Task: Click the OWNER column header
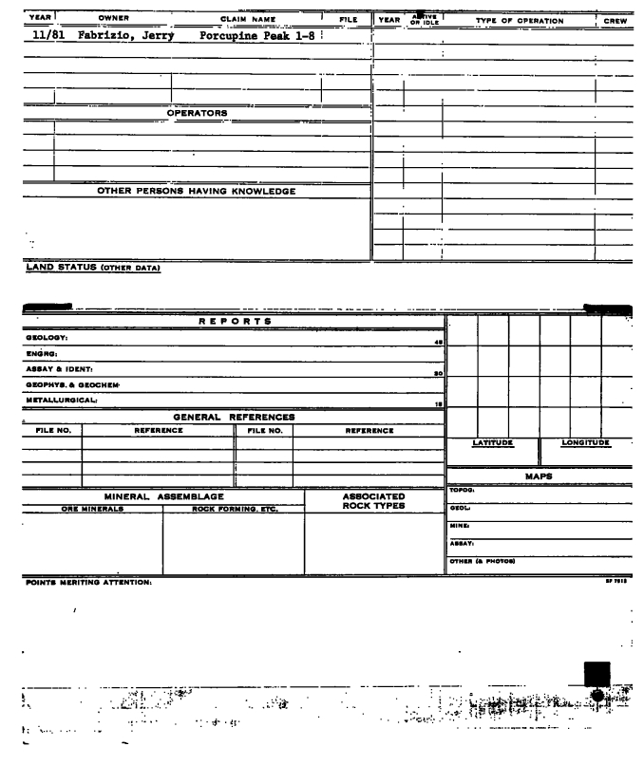pyautogui.click(x=113, y=19)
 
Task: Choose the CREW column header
pyautogui.click(x=614, y=20)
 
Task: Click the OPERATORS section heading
pyautogui.click(x=197, y=113)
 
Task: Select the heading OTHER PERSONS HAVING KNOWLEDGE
pyautogui.click(x=197, y=191)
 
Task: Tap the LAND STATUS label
pyautogui.click(x=92, y=267)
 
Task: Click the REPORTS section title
pyautogui.click(x=235, y=322)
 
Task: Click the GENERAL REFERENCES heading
pyautogui.click(x=234, y=417)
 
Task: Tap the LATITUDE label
pyautogui.click(x=493, y=443)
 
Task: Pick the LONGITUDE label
pyautogui.click(x=585, y=443)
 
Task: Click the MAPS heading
pyautogui.click(x=540, y=476)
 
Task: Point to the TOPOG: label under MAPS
pyautogui.click(x=463, y=491)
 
